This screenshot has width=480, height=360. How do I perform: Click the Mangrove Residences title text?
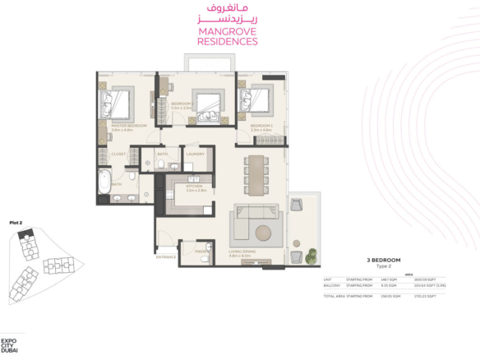click(228, 36)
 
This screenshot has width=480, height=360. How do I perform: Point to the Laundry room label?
click(195, 154)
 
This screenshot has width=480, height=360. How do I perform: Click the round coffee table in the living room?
click(265, 232)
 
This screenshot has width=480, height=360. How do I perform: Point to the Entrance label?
click(167, 257)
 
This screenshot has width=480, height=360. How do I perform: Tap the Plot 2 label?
click(16, 223)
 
